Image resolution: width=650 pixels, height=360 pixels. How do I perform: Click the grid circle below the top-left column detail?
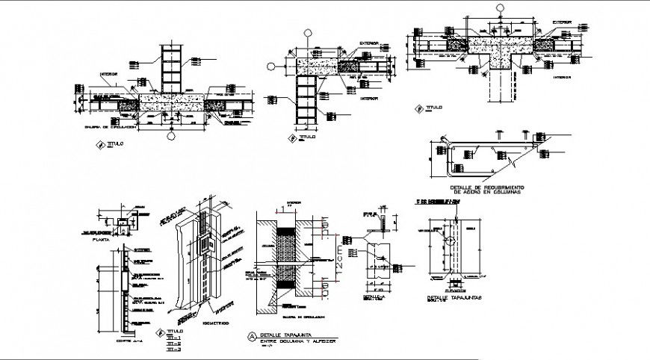[171, 137]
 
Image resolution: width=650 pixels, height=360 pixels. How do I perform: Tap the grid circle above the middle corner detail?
[308, 33]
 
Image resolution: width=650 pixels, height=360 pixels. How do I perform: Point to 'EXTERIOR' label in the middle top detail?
[368, 43]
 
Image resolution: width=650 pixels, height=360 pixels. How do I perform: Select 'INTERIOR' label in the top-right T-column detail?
[562, 77]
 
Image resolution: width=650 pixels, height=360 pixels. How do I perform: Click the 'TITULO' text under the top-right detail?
[434, 108]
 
